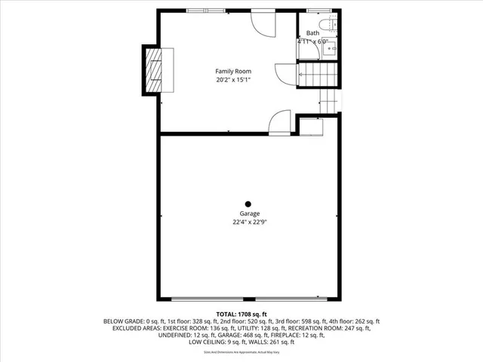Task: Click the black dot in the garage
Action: click(248, 203)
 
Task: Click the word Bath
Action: click(312, 33)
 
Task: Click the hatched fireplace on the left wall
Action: click(153, 70)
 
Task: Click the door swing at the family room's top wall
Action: click(264, 24)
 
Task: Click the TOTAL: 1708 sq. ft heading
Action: click(241, 313)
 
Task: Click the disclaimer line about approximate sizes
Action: click(241, 352)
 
